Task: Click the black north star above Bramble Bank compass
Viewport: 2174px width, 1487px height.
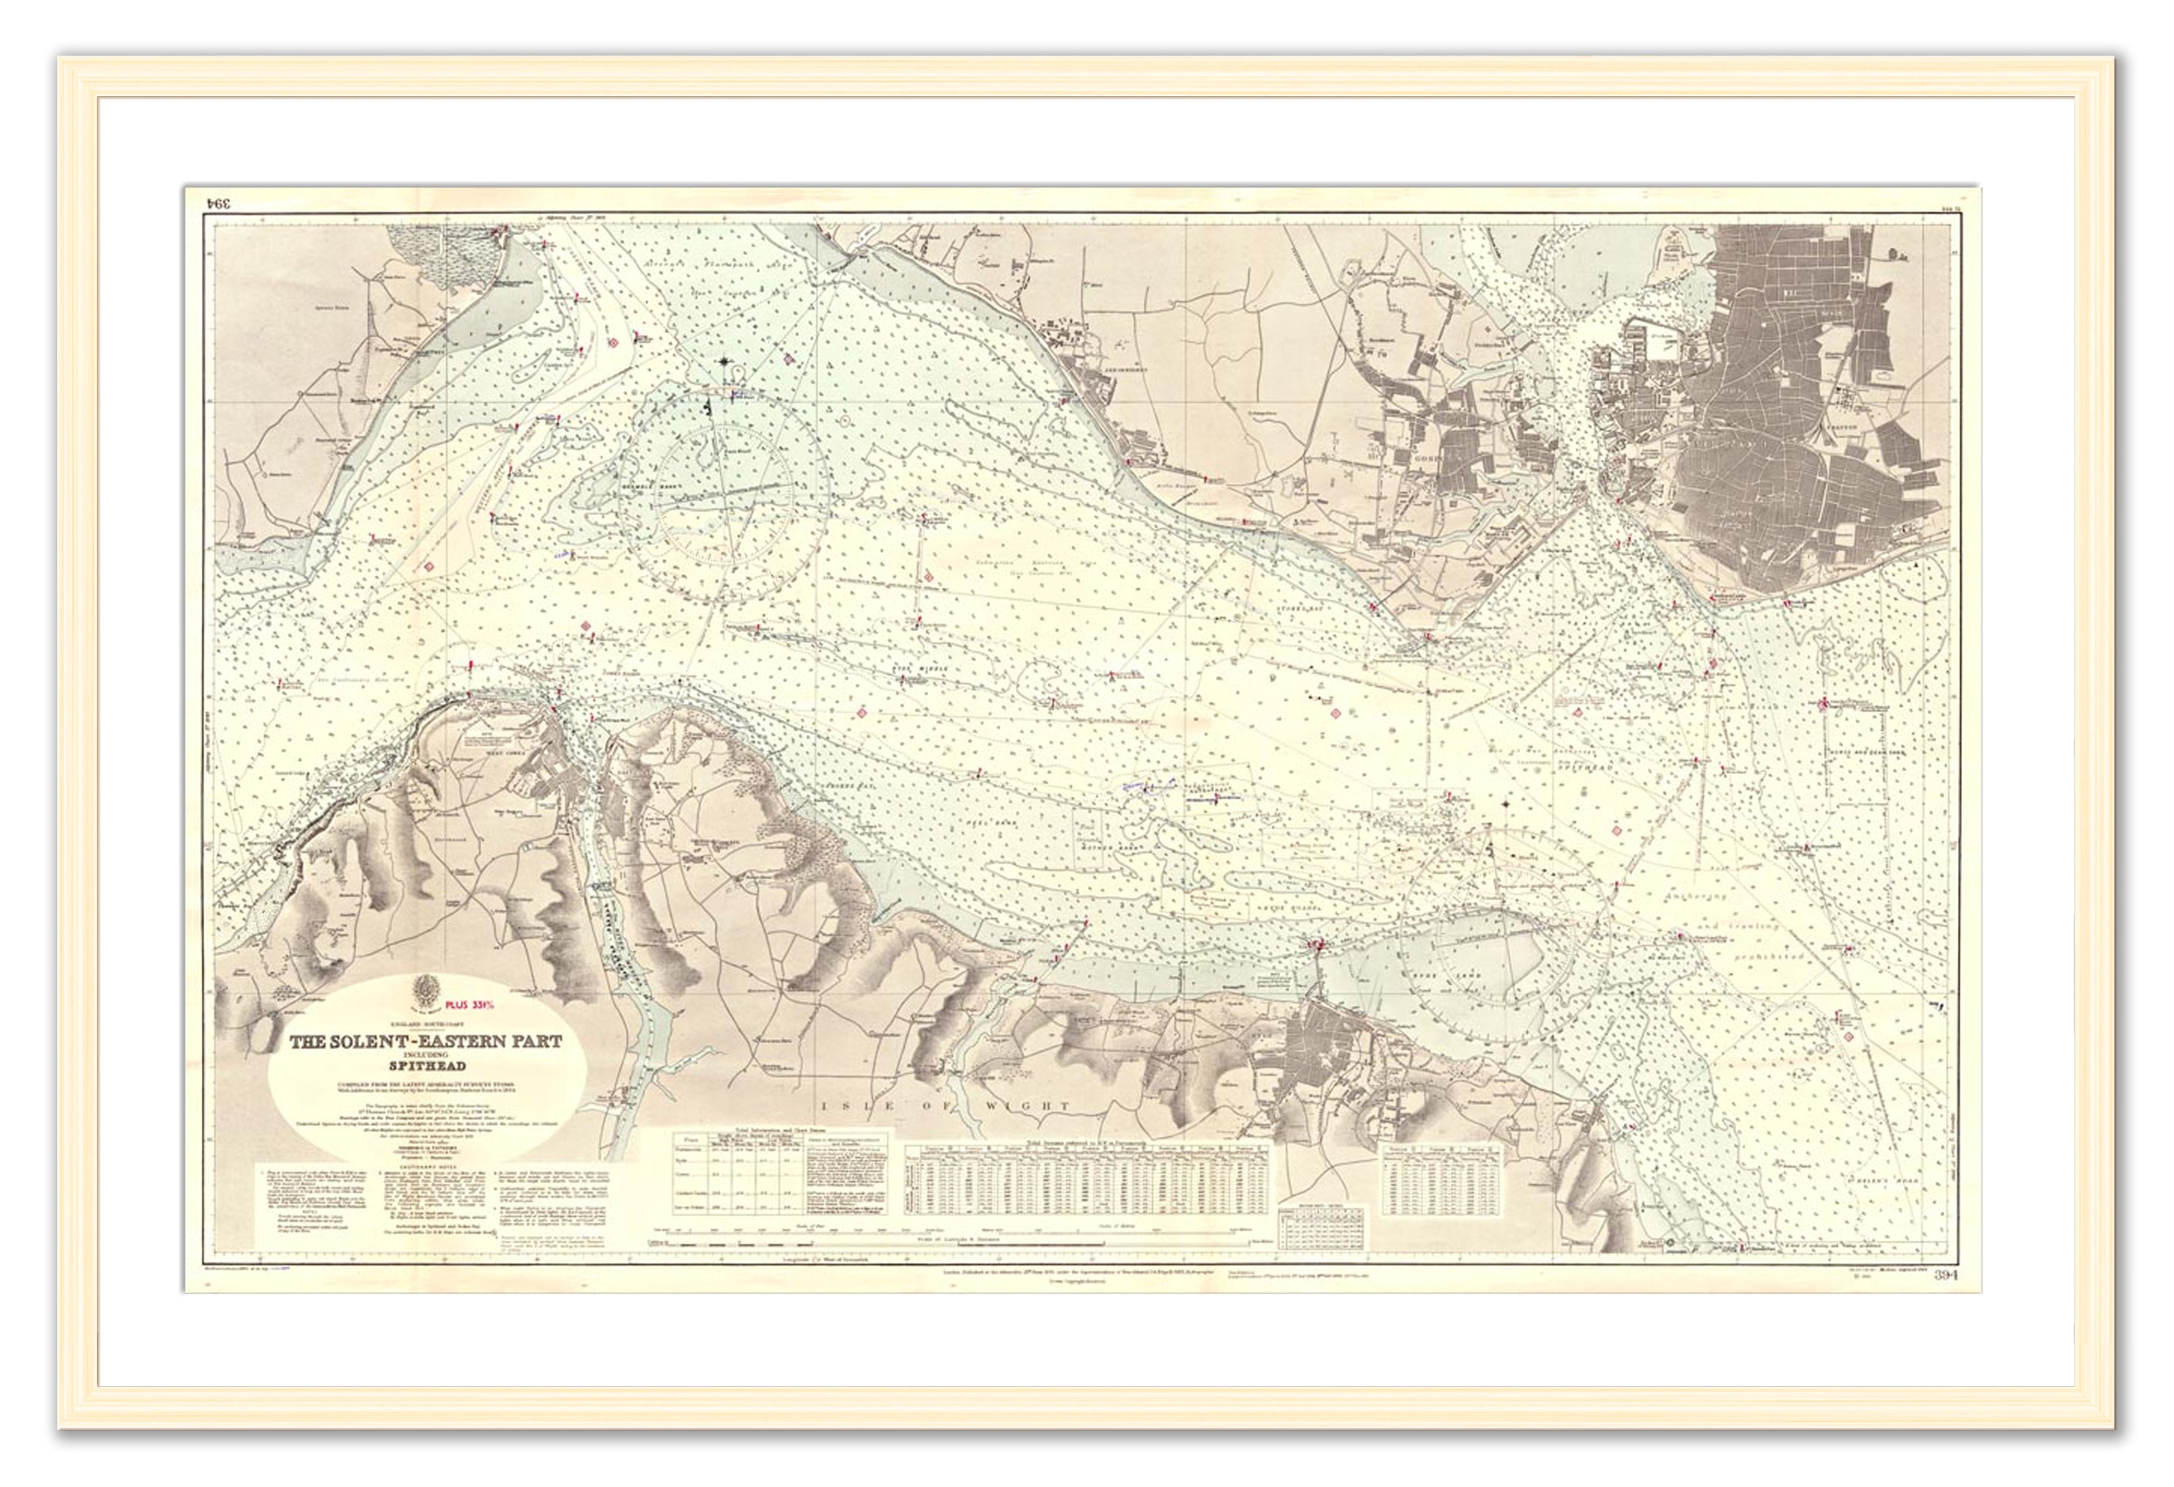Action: [726, 360]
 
